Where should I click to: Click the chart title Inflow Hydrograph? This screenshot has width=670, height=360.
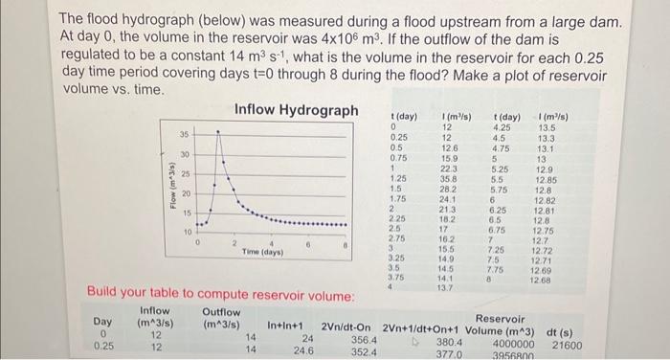(297, 110)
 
